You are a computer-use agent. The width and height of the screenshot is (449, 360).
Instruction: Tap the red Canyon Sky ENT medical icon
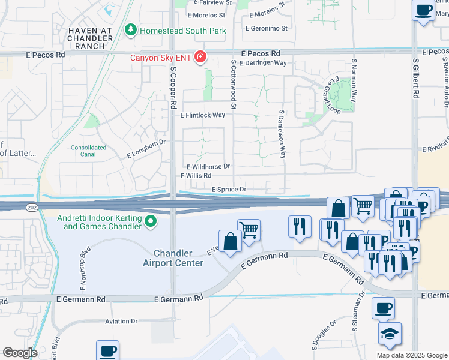click(x=199, y=58)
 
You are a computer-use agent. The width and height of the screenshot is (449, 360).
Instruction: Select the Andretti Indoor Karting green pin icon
click(x=151, y=223)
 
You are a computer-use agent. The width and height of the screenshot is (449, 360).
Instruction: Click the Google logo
click(x=19, y=352)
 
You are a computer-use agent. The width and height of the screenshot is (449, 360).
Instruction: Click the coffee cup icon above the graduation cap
click(x=384, y=308)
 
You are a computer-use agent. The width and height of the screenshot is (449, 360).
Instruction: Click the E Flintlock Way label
click(x=203, y=115)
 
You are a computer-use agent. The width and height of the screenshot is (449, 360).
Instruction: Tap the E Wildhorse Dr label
click(x=208, y=166)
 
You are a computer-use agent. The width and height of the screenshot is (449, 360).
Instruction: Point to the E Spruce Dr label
click(x=229, y=189)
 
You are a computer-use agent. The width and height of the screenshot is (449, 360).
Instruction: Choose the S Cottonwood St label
click(x=234, y=84)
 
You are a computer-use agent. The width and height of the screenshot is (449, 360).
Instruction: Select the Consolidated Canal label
click(x=88, y=150)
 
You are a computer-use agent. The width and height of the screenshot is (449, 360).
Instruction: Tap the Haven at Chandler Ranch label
click(x=91, y=38)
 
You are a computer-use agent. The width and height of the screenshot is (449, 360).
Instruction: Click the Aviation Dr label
click(x=121, y=321)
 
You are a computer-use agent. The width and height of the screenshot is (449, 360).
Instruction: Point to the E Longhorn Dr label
click(x=145, y=150)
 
